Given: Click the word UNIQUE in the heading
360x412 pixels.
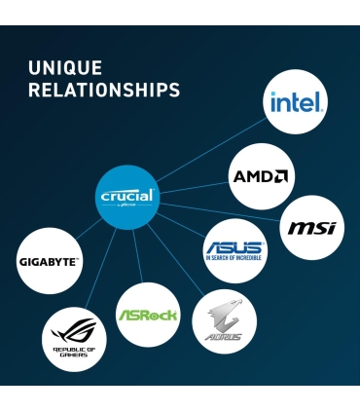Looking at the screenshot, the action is point(64,68).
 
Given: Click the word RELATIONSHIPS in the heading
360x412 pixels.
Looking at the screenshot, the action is point(104,91).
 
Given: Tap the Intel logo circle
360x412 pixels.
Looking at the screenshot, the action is point(296,102).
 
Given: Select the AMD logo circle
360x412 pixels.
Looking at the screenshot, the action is point(261,176).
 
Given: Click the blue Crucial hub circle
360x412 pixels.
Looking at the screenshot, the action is point(127,197).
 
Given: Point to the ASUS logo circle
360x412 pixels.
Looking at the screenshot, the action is point(234,251).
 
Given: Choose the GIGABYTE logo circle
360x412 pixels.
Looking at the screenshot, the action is point(49,261).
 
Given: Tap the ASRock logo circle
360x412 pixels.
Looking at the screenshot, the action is point(148,315).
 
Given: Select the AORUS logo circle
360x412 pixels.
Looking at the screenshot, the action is point(224,322).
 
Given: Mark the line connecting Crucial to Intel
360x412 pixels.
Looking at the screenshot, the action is point(209,150).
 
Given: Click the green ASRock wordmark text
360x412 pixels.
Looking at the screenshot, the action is point(148,316).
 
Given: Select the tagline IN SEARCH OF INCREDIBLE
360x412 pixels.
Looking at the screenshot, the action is point(234,260).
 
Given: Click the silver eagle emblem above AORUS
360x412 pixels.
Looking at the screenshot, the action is point(224,314).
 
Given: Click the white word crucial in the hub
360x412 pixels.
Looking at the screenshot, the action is point(127,196).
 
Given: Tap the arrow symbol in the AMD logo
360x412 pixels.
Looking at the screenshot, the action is point(280,176).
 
